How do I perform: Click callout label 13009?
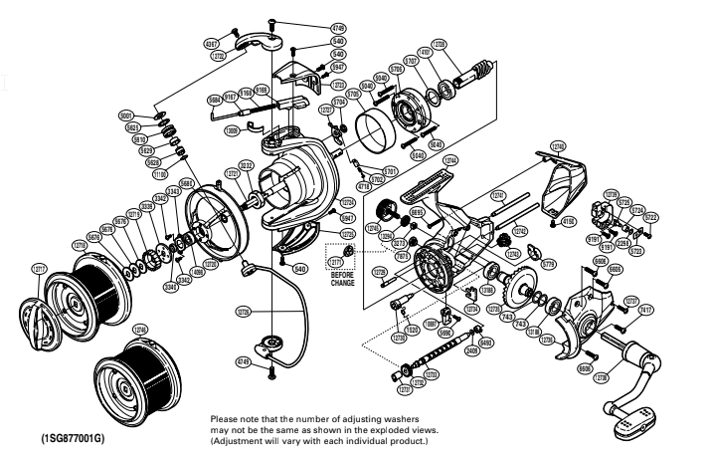pos(231,128)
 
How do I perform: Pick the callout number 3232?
pos(247,164)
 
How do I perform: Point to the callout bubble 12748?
pos(557,146)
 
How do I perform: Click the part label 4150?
pos(570,221)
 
